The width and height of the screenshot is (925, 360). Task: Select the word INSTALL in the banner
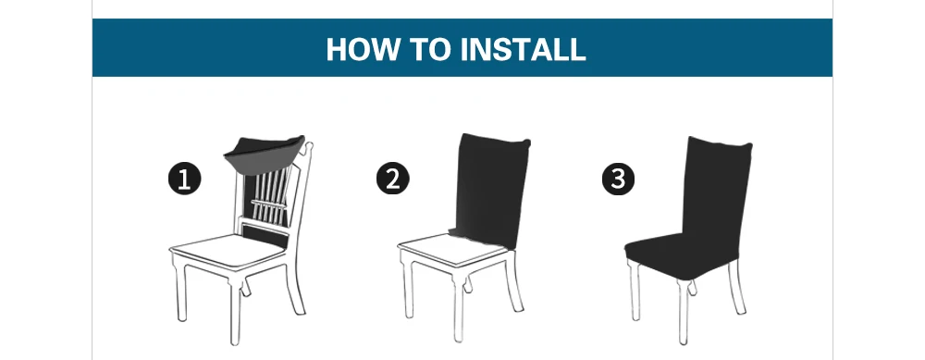point(523,49)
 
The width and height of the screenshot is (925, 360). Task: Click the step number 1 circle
point(185,179)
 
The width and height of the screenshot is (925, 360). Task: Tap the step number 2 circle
point(393,179)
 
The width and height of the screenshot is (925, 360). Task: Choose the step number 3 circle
point(618,179)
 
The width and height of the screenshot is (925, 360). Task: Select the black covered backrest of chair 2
point(491,190)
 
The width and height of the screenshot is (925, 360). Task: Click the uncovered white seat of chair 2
point(451,248)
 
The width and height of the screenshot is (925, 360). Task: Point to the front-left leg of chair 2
point(408,289)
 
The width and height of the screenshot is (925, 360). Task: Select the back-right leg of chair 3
point(736,286)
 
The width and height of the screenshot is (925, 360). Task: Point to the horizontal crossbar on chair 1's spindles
point(269,203)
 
